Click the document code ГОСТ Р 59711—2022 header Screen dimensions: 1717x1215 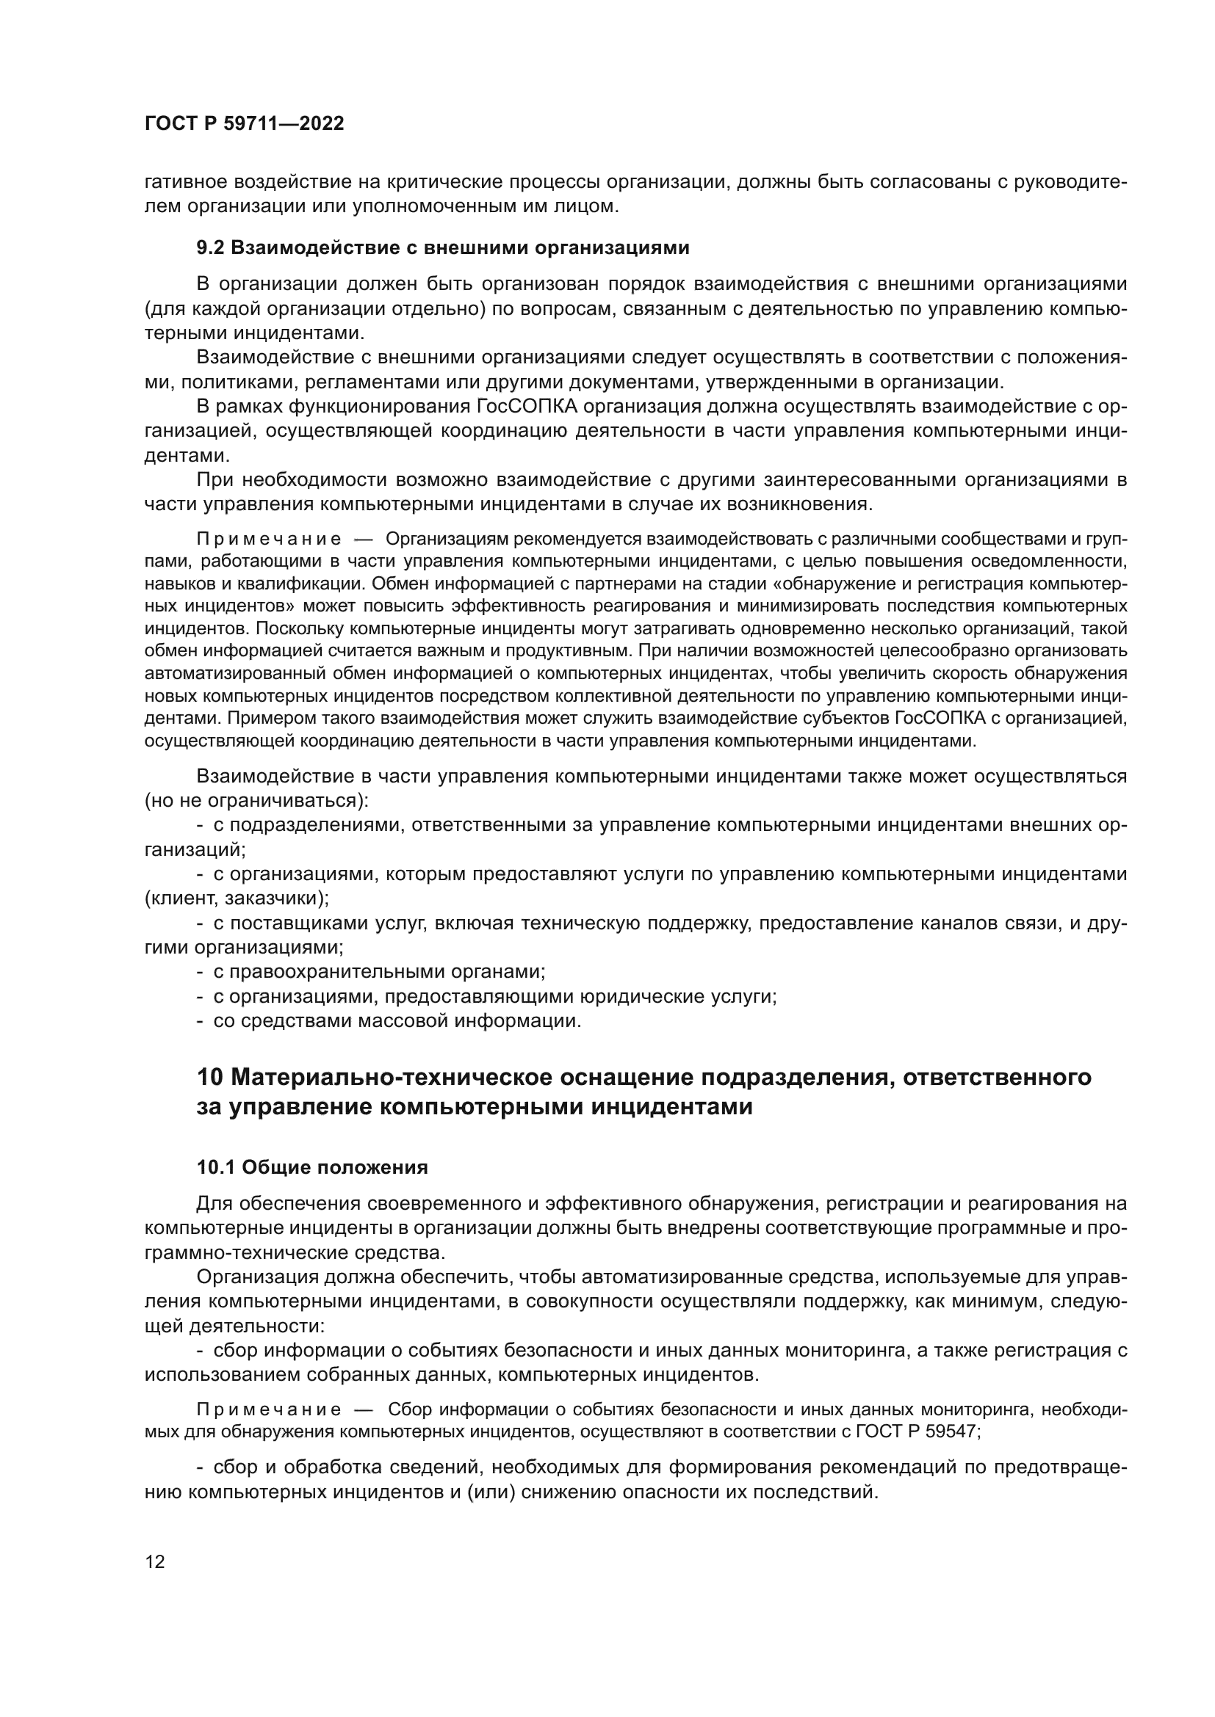tap(244, 124)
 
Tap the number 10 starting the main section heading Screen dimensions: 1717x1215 tap(210, 1078)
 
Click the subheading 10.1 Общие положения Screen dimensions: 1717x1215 tap(312, 1167)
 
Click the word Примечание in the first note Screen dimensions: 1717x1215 tap(269, 540)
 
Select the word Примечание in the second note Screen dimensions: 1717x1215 tap(269, 1409)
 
